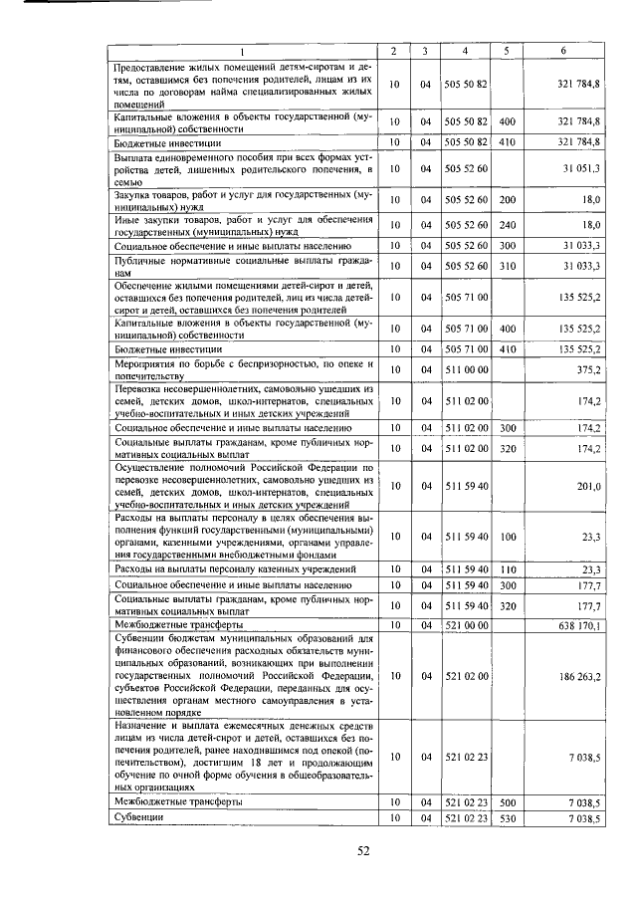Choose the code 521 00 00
466,624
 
